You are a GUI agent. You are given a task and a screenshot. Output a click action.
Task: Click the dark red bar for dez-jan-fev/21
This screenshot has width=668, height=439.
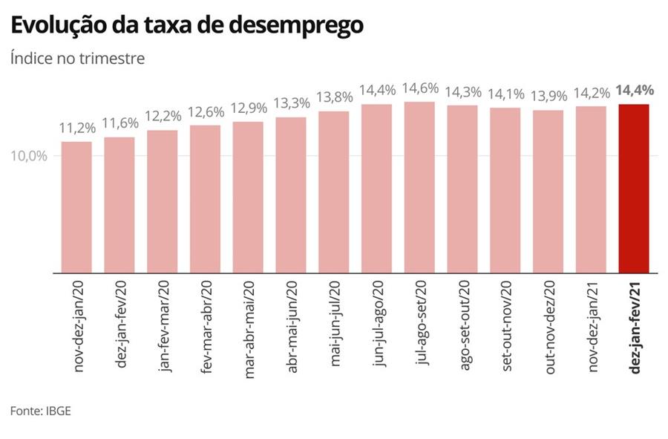pos(634,189)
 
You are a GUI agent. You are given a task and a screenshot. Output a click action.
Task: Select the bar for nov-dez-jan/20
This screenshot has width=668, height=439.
pos(76,207)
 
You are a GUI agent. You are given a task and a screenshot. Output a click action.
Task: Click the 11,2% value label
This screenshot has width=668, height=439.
pos(76,129)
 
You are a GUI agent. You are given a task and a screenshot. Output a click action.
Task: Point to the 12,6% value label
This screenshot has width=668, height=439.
pos(205,112)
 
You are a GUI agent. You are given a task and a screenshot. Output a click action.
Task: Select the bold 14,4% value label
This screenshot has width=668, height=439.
pos(634,91)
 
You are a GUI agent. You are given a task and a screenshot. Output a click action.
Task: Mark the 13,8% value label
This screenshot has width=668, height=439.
pos(334,97)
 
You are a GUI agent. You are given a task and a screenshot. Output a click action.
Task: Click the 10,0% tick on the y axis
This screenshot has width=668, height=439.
pos(30,156)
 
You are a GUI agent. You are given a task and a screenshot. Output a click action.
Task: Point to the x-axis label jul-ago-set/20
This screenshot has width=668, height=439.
pos(421,325)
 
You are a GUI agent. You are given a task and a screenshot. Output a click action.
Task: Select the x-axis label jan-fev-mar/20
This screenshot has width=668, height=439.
pos(163,328)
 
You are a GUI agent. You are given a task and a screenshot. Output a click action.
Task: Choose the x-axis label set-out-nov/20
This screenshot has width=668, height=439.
pos(507,328)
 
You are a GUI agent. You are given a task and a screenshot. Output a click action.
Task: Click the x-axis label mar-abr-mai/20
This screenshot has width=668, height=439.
pos(249,329)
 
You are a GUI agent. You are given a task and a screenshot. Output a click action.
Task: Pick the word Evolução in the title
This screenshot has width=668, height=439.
pos(56,26)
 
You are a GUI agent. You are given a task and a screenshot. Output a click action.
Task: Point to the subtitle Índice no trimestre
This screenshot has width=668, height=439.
pos(77,59)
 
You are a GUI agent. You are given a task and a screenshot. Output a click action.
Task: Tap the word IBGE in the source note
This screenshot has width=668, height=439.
pos(59,411)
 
